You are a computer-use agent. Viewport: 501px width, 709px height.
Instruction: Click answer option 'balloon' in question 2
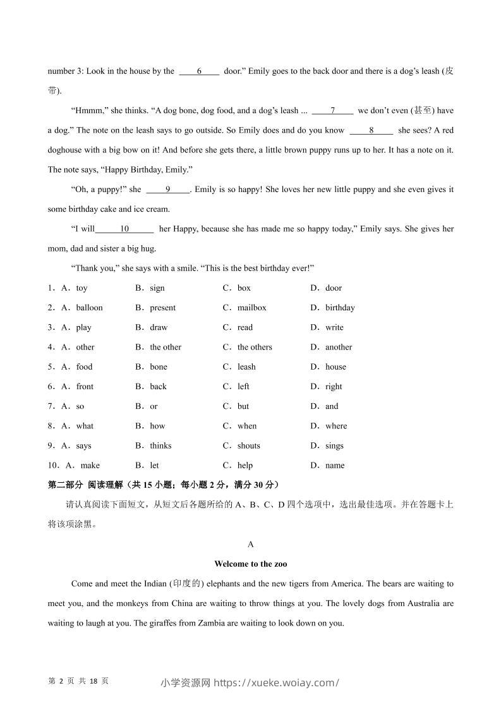89,308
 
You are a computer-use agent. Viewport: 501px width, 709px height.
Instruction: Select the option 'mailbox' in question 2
251,308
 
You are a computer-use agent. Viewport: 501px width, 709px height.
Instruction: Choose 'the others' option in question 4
255,347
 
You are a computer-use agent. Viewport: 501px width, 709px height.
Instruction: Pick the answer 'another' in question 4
339,347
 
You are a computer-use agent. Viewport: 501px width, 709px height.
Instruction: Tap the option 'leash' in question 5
246,367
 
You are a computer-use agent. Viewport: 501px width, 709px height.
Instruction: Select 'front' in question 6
85,386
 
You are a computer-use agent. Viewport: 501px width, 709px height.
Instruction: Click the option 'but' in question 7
243,406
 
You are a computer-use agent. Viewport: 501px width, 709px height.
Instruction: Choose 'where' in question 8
336,426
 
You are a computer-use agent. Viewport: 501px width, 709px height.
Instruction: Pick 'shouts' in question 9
248,445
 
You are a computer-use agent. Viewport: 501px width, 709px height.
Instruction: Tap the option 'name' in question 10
335,465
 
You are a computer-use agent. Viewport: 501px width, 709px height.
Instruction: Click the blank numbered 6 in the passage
199,71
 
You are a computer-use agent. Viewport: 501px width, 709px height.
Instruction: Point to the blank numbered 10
124,229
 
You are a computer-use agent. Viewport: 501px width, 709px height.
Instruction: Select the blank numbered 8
371,130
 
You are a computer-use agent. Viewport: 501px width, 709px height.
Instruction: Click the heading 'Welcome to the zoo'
251,564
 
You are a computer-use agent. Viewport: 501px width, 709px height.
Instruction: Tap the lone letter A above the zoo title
251,544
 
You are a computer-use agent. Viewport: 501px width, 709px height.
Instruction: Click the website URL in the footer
277,682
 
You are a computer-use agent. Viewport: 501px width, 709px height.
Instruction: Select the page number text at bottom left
78,681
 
